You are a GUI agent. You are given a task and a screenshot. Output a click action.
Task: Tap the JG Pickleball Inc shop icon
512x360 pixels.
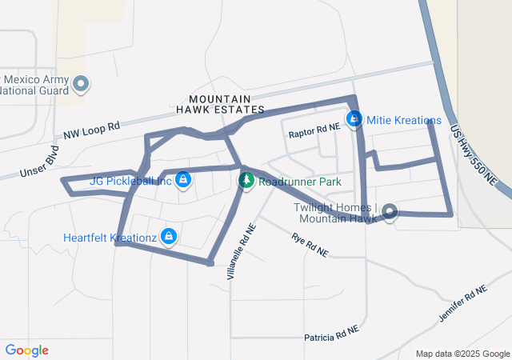click(x=183, y=179)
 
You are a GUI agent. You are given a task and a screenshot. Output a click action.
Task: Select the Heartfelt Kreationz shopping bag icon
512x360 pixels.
click(x=169, y=236)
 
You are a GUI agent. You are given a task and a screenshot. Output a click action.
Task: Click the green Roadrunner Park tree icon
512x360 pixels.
click(x=246, y=181)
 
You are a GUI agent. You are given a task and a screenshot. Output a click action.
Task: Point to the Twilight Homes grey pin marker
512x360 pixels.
click(x=390, y=211)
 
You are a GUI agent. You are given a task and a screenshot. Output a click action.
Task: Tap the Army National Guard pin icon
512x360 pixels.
click(x=80, y=83)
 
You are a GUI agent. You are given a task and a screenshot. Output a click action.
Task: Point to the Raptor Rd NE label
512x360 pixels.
click(x=314, y=128)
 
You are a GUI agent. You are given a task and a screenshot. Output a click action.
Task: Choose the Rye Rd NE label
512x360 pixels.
click(x=310, y=245)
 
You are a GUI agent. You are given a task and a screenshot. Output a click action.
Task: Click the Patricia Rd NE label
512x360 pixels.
click(x=331, y=332)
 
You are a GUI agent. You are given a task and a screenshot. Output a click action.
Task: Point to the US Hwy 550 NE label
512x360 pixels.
click(x=474, y=157)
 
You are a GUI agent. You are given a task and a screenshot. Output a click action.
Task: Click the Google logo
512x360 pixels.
click(x=26, y=350)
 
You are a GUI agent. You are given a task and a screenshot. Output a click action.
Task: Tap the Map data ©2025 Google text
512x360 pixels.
click(x=462, y=354)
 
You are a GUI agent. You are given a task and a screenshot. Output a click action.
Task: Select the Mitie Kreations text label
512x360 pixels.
click(x=404, y=121)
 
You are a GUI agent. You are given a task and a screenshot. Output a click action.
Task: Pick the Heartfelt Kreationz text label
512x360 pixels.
click(x=110, y=237)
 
